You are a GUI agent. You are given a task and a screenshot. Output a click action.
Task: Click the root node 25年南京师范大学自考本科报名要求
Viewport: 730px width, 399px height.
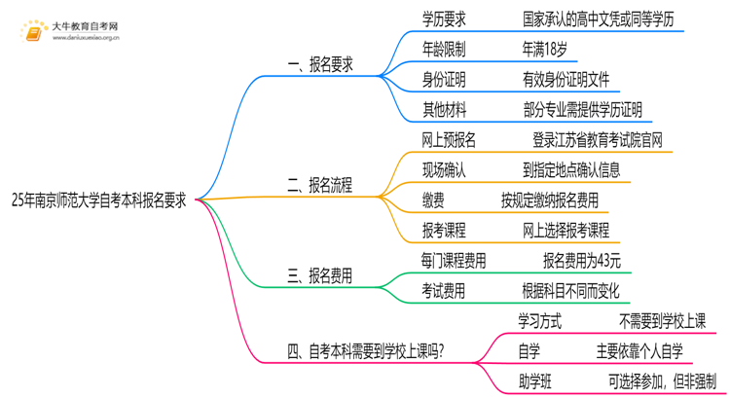(x=100, y=200)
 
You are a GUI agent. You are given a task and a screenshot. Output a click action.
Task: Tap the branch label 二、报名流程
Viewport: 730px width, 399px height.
(x=320, y=185)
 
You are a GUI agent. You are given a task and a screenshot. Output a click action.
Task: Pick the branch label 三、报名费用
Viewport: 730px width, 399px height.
(x=320, y=276)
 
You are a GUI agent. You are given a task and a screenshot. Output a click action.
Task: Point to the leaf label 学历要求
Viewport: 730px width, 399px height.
(x=443, y=18)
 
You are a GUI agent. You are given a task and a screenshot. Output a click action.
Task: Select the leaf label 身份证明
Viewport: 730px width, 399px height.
(x=443, y=79)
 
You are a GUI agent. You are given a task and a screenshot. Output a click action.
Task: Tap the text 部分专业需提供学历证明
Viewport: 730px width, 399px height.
(x=581, y=109)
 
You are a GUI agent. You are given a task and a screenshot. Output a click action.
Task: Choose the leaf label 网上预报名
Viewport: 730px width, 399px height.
(x=449, y=140)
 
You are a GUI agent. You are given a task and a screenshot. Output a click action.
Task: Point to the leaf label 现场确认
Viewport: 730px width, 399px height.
(x=443, y=170)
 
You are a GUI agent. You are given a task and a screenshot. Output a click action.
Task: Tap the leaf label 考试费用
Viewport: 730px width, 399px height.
(x=443, y=290)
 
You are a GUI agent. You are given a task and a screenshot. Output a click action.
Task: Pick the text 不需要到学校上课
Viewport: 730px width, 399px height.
(x=662, y=320)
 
